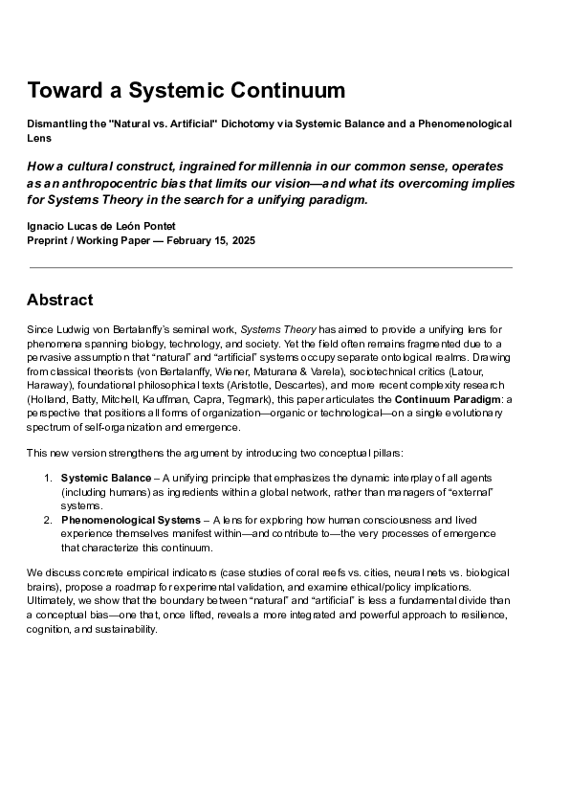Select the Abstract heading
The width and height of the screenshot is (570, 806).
pyautogui.click(x=60, y=300)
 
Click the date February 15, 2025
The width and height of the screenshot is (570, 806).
pyautogui.click(x=210, y=239)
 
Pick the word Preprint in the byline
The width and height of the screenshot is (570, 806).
pyautogui.click(x=49, y=239)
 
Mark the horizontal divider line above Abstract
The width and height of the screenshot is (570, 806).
pyautogui.click(x=271, y=267)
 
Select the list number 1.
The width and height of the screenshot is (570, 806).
pyautogui.click(x=48, y=477)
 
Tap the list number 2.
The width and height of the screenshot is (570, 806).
pyautogui.click(x=48, y=519)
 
